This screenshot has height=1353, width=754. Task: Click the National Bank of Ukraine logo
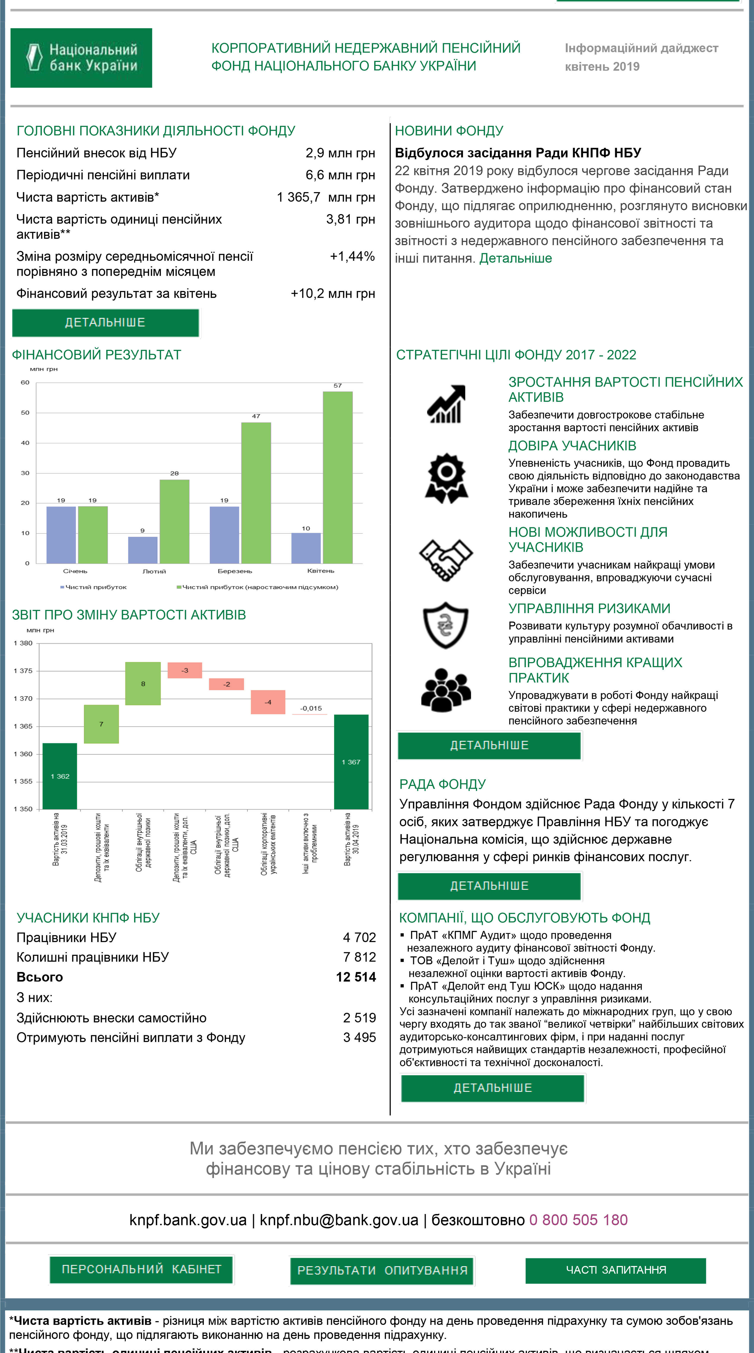[81, 58]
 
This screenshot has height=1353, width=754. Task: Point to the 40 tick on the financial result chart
[25, 443]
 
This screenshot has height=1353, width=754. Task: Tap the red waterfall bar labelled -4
[268, 702]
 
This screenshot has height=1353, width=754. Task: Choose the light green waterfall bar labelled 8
[143, 683]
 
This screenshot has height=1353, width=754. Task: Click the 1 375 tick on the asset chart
[23, 671]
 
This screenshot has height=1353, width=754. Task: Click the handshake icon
[446, 560]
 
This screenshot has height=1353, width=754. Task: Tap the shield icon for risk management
[446, 625]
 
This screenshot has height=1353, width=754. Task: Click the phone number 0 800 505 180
[578, 1220]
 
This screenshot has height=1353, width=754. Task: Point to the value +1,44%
[352, 256]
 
